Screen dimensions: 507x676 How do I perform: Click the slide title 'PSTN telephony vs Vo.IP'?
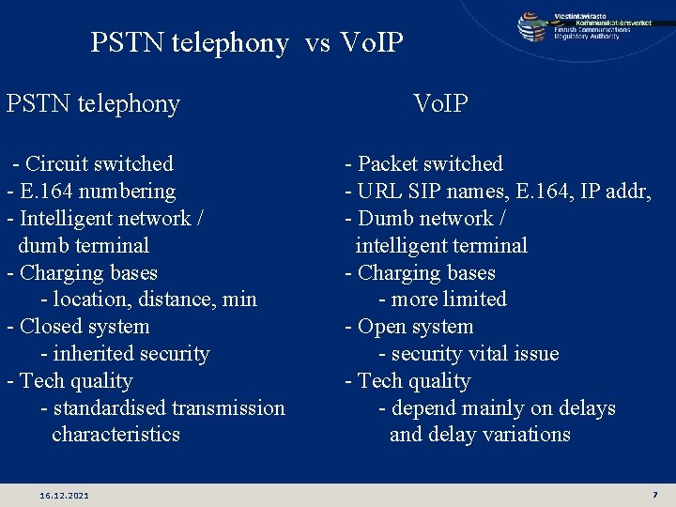247,43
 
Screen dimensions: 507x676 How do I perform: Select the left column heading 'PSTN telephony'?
93,103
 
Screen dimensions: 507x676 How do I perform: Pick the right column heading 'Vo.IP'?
440,103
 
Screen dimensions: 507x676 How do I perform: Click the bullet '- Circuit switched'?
92,164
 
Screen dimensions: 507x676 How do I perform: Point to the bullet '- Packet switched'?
423,164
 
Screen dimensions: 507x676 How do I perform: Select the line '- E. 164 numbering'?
91,192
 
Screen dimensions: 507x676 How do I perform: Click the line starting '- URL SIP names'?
498,192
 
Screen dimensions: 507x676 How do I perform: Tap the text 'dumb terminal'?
84,246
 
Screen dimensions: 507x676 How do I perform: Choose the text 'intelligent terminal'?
441,246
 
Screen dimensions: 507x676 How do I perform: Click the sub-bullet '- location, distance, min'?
148,300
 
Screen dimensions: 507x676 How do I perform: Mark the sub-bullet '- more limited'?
442,300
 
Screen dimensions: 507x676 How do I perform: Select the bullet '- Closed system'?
78,327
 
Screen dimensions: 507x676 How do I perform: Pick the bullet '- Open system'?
409,327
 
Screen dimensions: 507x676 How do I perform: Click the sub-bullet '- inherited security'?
125,354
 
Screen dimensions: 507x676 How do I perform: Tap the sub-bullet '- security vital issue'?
469,354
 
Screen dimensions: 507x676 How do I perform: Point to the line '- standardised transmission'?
162,408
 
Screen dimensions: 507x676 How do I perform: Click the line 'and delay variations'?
480,435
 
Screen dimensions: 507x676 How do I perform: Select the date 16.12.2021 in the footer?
65,495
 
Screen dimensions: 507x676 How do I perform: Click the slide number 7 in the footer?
654,494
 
